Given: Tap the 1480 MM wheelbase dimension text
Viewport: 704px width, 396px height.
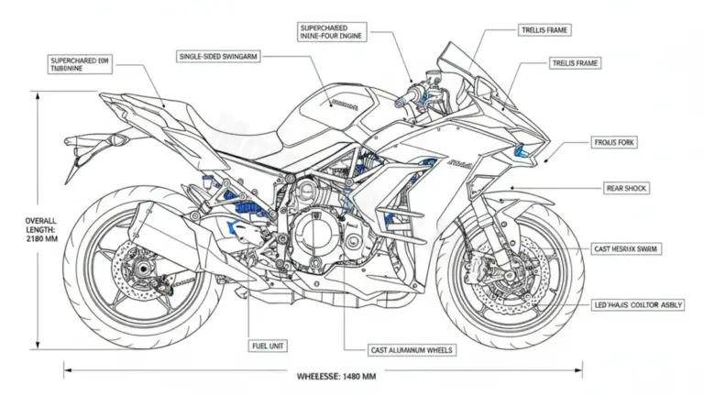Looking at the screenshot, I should [336, 376].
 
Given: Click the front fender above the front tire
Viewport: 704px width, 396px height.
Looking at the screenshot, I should [518, 202].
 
